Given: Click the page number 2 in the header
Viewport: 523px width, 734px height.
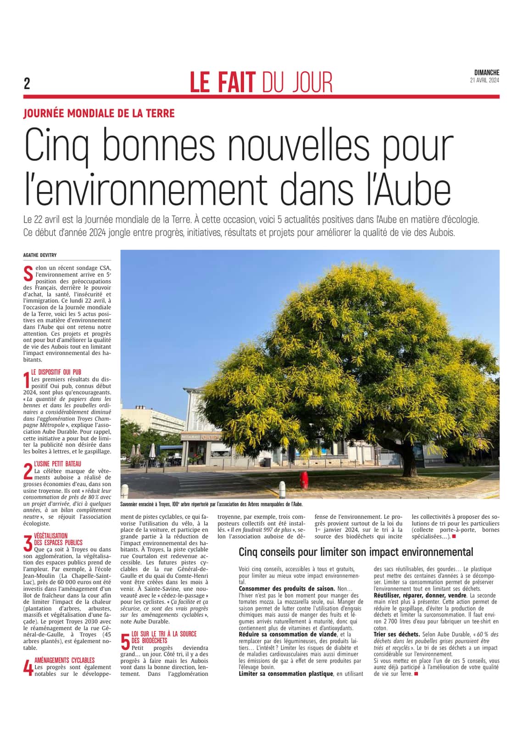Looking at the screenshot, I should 27,84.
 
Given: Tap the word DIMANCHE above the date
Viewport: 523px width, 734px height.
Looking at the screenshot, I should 487,72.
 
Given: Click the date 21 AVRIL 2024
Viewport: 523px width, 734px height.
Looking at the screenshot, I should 484,80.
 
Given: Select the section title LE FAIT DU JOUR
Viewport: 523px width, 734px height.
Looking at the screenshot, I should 261,83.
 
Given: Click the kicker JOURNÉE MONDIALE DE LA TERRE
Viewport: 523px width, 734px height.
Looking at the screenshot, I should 99,113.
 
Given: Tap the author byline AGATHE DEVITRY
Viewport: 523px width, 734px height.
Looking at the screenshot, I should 39,255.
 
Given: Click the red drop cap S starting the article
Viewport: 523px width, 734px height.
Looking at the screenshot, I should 28,272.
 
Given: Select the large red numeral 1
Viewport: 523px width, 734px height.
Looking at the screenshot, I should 27,380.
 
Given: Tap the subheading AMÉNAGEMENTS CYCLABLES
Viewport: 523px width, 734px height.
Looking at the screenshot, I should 64,660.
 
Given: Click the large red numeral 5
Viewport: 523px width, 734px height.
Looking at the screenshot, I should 125,641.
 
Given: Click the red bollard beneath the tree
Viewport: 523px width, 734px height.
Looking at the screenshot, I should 303,480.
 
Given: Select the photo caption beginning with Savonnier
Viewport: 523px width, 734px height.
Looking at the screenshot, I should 211,503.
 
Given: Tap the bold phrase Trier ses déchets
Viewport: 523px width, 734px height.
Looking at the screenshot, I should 396,634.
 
